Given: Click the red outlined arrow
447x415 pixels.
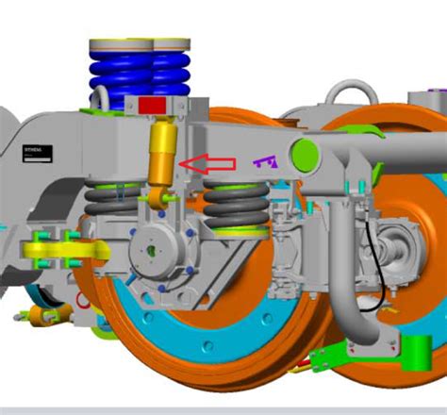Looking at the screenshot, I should tap(207, 164).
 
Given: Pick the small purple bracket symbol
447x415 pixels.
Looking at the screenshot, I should tap(267, 161).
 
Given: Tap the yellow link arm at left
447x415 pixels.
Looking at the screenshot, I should tap(66, 250).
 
